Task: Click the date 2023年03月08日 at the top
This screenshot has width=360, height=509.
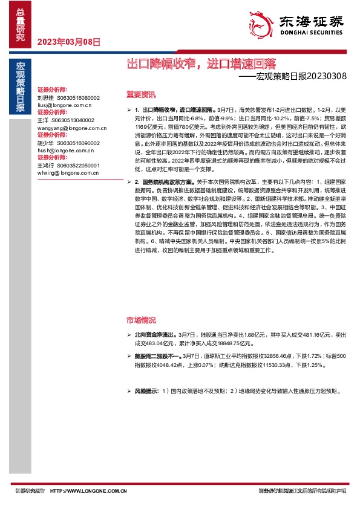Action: tap(69, 42)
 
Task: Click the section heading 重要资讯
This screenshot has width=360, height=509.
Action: tap(140, 94)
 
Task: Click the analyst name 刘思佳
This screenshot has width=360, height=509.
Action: tap(46, 97)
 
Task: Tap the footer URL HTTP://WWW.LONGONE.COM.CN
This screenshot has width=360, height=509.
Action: tap(88, 491)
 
